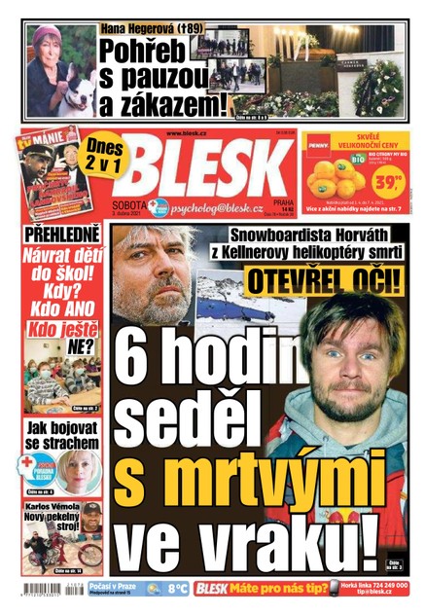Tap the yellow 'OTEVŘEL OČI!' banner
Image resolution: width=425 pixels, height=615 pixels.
pos(322,282)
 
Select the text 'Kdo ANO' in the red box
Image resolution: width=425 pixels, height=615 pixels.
pos(61,307)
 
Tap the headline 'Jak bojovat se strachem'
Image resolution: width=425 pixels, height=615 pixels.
pos(61,434)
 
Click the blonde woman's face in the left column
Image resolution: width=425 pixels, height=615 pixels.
pos(73,470)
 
